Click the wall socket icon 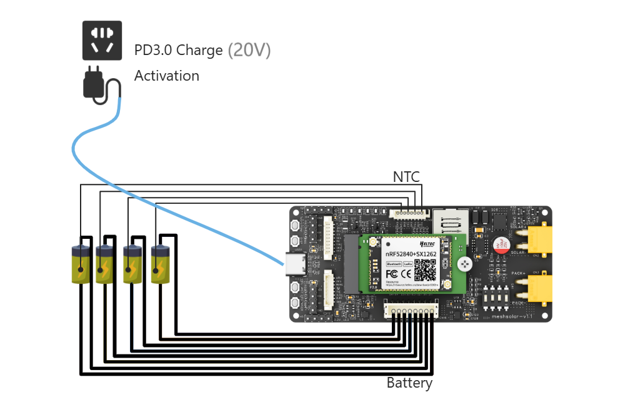[102, 40]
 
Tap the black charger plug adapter [94, 83]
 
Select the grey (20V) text [249, 50]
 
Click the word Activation [167, 76]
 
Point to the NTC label [406, 177]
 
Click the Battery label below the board [409, 383]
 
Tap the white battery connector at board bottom [410, 309]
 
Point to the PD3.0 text [156, 51]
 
